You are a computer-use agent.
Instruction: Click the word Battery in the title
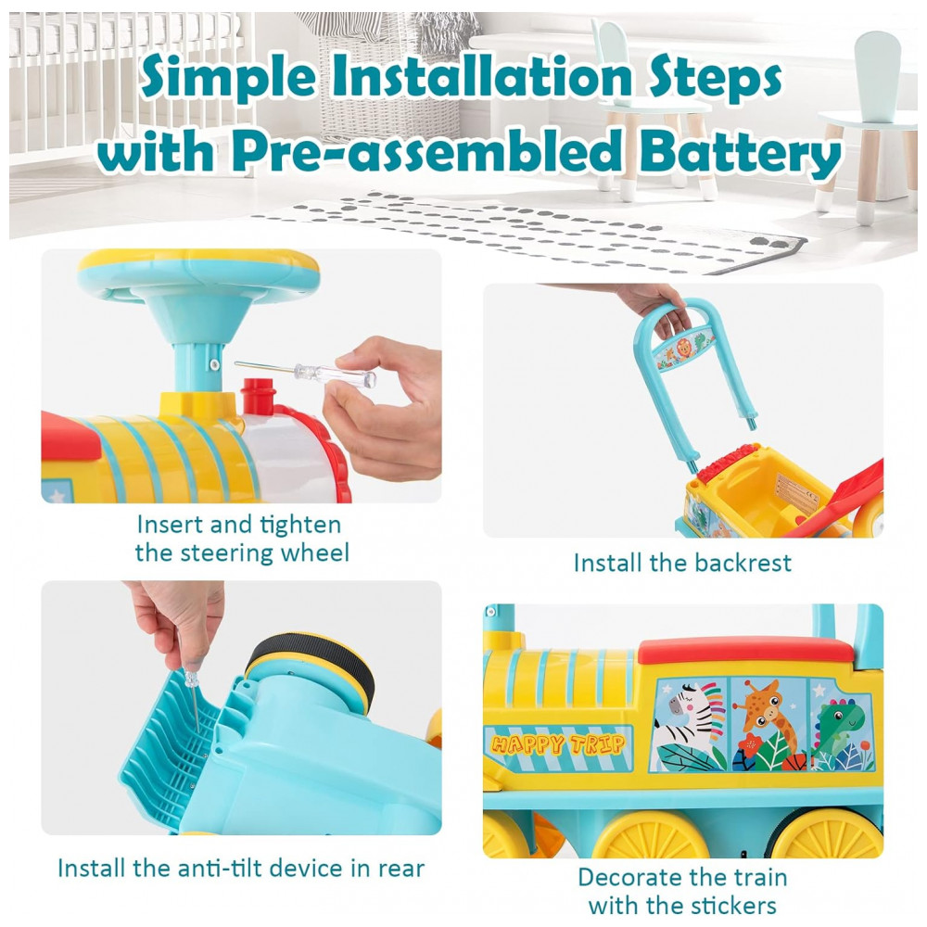click(740, 153)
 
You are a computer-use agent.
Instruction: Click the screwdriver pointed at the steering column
click(306, 373)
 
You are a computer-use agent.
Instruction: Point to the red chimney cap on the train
click(259, 396)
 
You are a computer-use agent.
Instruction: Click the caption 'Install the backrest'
click(682, 563)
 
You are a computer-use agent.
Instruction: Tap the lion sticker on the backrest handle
click(684, 350)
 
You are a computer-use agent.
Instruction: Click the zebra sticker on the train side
click(690, 724)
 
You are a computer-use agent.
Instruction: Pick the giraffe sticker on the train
click(768, 724)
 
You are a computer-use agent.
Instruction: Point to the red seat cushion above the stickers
click(746, 651)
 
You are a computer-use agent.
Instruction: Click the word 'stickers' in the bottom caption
click(732, 905)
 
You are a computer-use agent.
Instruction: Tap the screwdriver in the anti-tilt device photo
click(193, 699)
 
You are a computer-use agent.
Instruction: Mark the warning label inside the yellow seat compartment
click(797, 494)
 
